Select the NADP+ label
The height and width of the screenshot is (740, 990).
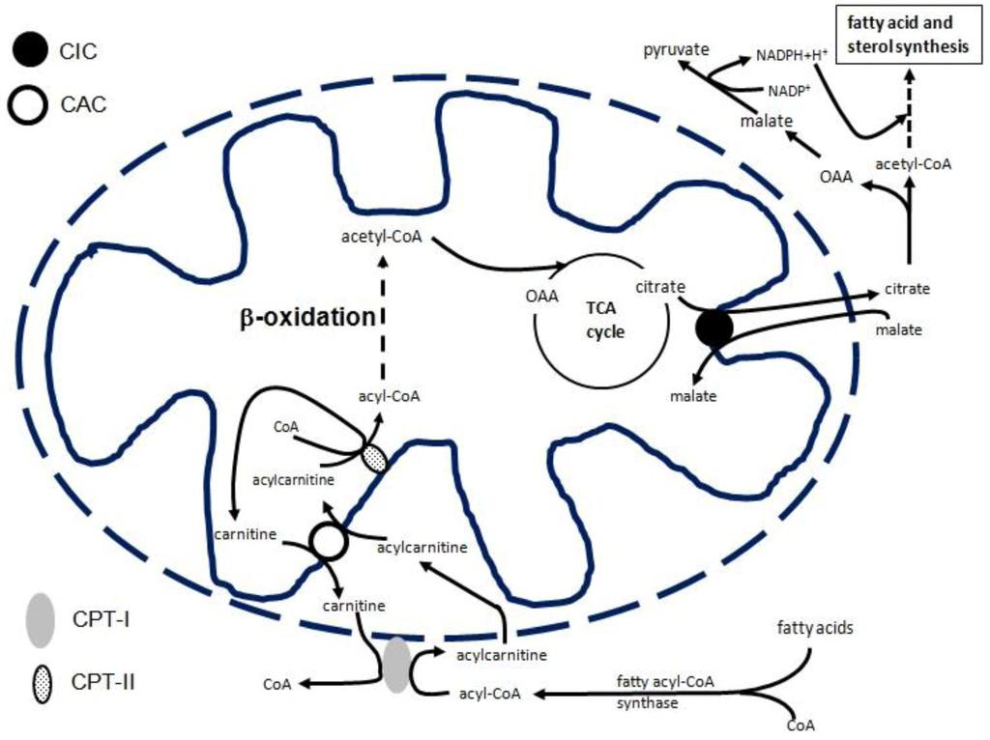tap(790, 91)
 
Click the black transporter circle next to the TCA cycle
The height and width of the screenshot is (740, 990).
tap(713, 327)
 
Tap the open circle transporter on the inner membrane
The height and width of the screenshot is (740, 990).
tap(328, 542)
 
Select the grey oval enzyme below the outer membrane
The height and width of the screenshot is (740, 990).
tap(395, 665)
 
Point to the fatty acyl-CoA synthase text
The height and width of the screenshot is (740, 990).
tap(665, 692)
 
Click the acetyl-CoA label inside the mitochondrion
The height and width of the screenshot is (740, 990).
tap(379, 236)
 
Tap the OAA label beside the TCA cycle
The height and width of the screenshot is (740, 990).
tap(542, 296)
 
